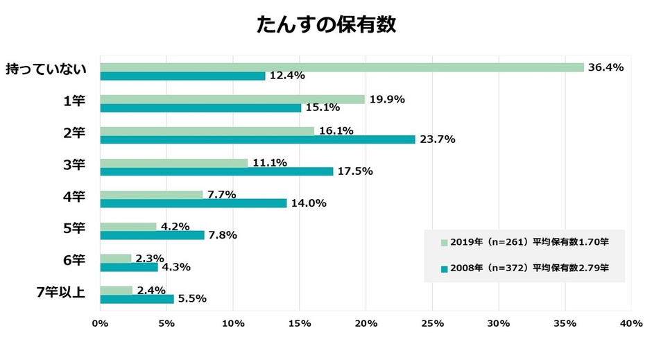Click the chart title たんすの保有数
click(326, 24)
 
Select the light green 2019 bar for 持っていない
click(342, 67)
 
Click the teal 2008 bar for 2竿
click(257, 139)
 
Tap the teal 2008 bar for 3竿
click(216, 171)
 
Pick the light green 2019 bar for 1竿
click(232, 99)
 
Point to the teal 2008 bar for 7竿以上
click(137, 299)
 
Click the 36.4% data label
click(606, 67)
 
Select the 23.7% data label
click(437, 139)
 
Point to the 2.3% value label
click(149, 258)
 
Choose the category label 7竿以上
click(60, 292)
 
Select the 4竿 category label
click(74, 196)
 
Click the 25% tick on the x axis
click(432, 323)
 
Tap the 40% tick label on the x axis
click(630, 323)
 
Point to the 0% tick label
click(100, 323)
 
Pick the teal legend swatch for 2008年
click(444, 267)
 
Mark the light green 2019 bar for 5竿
click(128, 226)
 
